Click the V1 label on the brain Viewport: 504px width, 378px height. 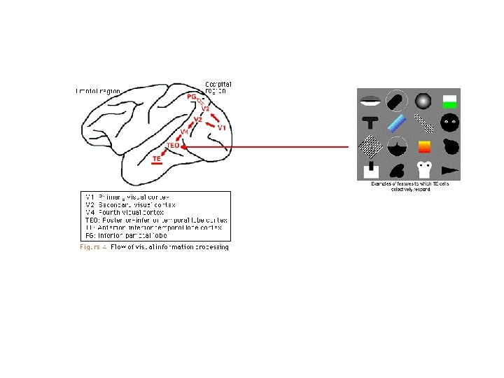220,128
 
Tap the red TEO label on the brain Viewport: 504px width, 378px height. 173,145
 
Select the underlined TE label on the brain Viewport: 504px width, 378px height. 157,160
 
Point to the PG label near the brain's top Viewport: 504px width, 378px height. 191,96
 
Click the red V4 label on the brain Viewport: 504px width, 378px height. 184,132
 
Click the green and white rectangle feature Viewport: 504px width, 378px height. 449,101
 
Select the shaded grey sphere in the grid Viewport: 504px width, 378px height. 422,101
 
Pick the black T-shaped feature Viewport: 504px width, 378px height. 370,124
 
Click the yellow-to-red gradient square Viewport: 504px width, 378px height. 423,147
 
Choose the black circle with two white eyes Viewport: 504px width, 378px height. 449,123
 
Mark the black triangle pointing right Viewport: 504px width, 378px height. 448,170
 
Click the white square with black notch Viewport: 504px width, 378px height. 370,169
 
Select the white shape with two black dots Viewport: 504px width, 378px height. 423,169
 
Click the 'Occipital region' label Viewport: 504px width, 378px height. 218,87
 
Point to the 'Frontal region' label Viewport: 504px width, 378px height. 98,91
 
